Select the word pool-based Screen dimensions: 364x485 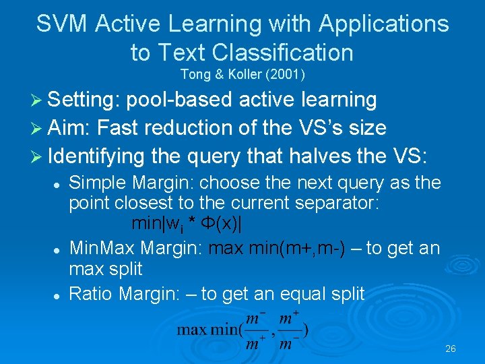click(x=180, y=100)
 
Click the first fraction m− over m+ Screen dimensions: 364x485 click(x=253, y=330)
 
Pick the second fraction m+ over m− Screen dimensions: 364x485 click(x=290, y=330)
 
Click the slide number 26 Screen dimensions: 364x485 click(x=451, y=349)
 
